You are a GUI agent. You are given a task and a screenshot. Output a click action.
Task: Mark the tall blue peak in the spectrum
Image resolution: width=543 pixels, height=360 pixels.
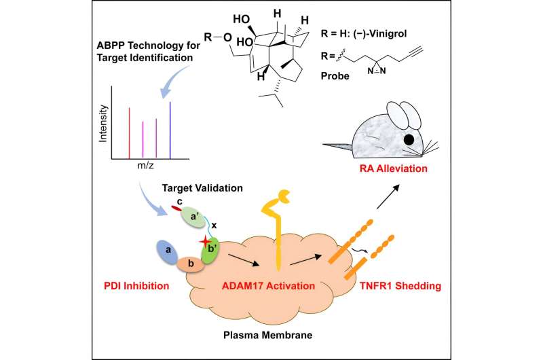170,130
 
